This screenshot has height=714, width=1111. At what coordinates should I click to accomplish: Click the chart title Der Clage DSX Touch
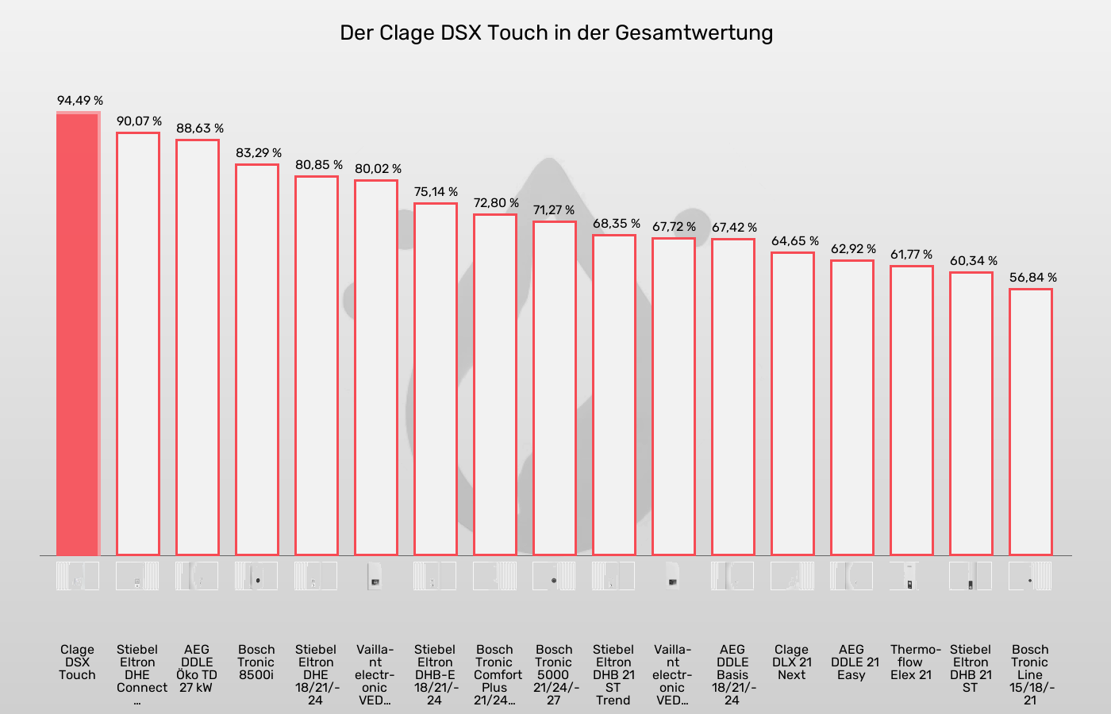coord(555,33)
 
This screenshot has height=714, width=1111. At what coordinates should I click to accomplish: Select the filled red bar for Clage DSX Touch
coord(78,333)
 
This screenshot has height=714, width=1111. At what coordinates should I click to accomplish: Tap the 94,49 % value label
coord(79,101)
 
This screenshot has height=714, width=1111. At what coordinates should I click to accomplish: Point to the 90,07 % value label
coord(139,121)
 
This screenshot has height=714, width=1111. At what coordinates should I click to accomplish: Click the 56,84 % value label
coord(1032,278)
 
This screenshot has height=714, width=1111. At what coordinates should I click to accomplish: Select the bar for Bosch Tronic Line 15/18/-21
coord(1030,421)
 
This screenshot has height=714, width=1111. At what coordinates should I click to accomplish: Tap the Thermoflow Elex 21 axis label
coord(912,662)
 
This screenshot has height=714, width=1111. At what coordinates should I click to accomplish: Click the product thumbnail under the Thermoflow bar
coord(911,576)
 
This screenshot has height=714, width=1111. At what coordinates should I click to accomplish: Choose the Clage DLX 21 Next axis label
coord(792,662)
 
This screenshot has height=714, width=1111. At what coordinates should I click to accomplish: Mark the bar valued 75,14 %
coord(435,378)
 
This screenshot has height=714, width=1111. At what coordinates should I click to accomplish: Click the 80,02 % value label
coord(378,169)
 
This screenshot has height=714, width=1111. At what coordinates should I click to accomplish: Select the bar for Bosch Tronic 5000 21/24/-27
coord(554,388)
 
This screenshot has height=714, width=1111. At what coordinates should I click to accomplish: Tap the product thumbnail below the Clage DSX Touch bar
coord(78,576)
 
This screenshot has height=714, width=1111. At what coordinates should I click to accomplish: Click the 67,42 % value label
coord(734,228)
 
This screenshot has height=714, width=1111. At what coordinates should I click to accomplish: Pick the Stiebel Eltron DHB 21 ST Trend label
coord(613,675)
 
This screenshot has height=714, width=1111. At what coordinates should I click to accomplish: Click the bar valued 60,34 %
coord(971,413)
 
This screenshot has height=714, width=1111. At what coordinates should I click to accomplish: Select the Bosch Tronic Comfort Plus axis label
coord(495,675)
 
